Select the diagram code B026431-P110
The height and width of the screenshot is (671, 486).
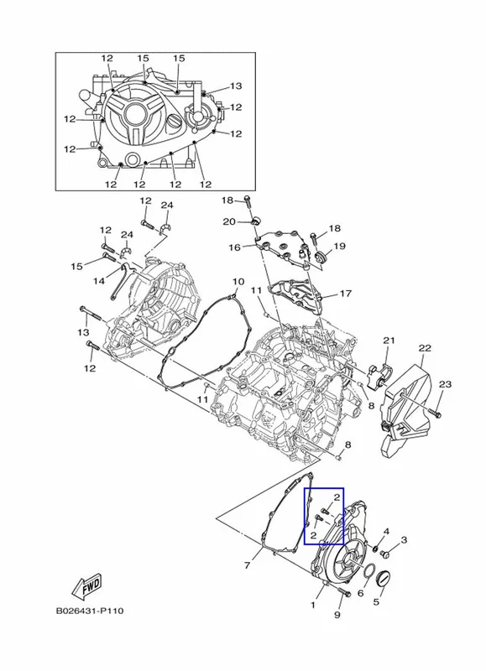click(90, 611)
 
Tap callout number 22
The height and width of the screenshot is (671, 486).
click(425, 348)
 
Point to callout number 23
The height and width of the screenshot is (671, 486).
click(446, 384)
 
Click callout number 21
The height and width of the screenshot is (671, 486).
click(389, 341)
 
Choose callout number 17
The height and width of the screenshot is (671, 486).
click(345, 294)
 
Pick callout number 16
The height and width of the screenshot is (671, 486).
click(235, 247)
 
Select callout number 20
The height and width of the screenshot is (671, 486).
click(229, 221)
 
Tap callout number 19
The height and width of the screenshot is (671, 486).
click(339, 246)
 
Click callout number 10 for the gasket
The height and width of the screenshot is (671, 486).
click(238, 282)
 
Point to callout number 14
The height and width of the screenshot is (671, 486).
click(99, 281)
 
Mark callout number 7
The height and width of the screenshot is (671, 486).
click(247, 565)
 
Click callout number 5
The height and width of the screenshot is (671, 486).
click(376, 602)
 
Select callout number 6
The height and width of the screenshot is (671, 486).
click(361, 593)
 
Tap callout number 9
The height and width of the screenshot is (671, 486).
click(337, 615)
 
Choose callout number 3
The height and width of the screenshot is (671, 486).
click(404, 540)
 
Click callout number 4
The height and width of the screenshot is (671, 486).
click(386, 532)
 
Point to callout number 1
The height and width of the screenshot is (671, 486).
click(313, 605)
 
